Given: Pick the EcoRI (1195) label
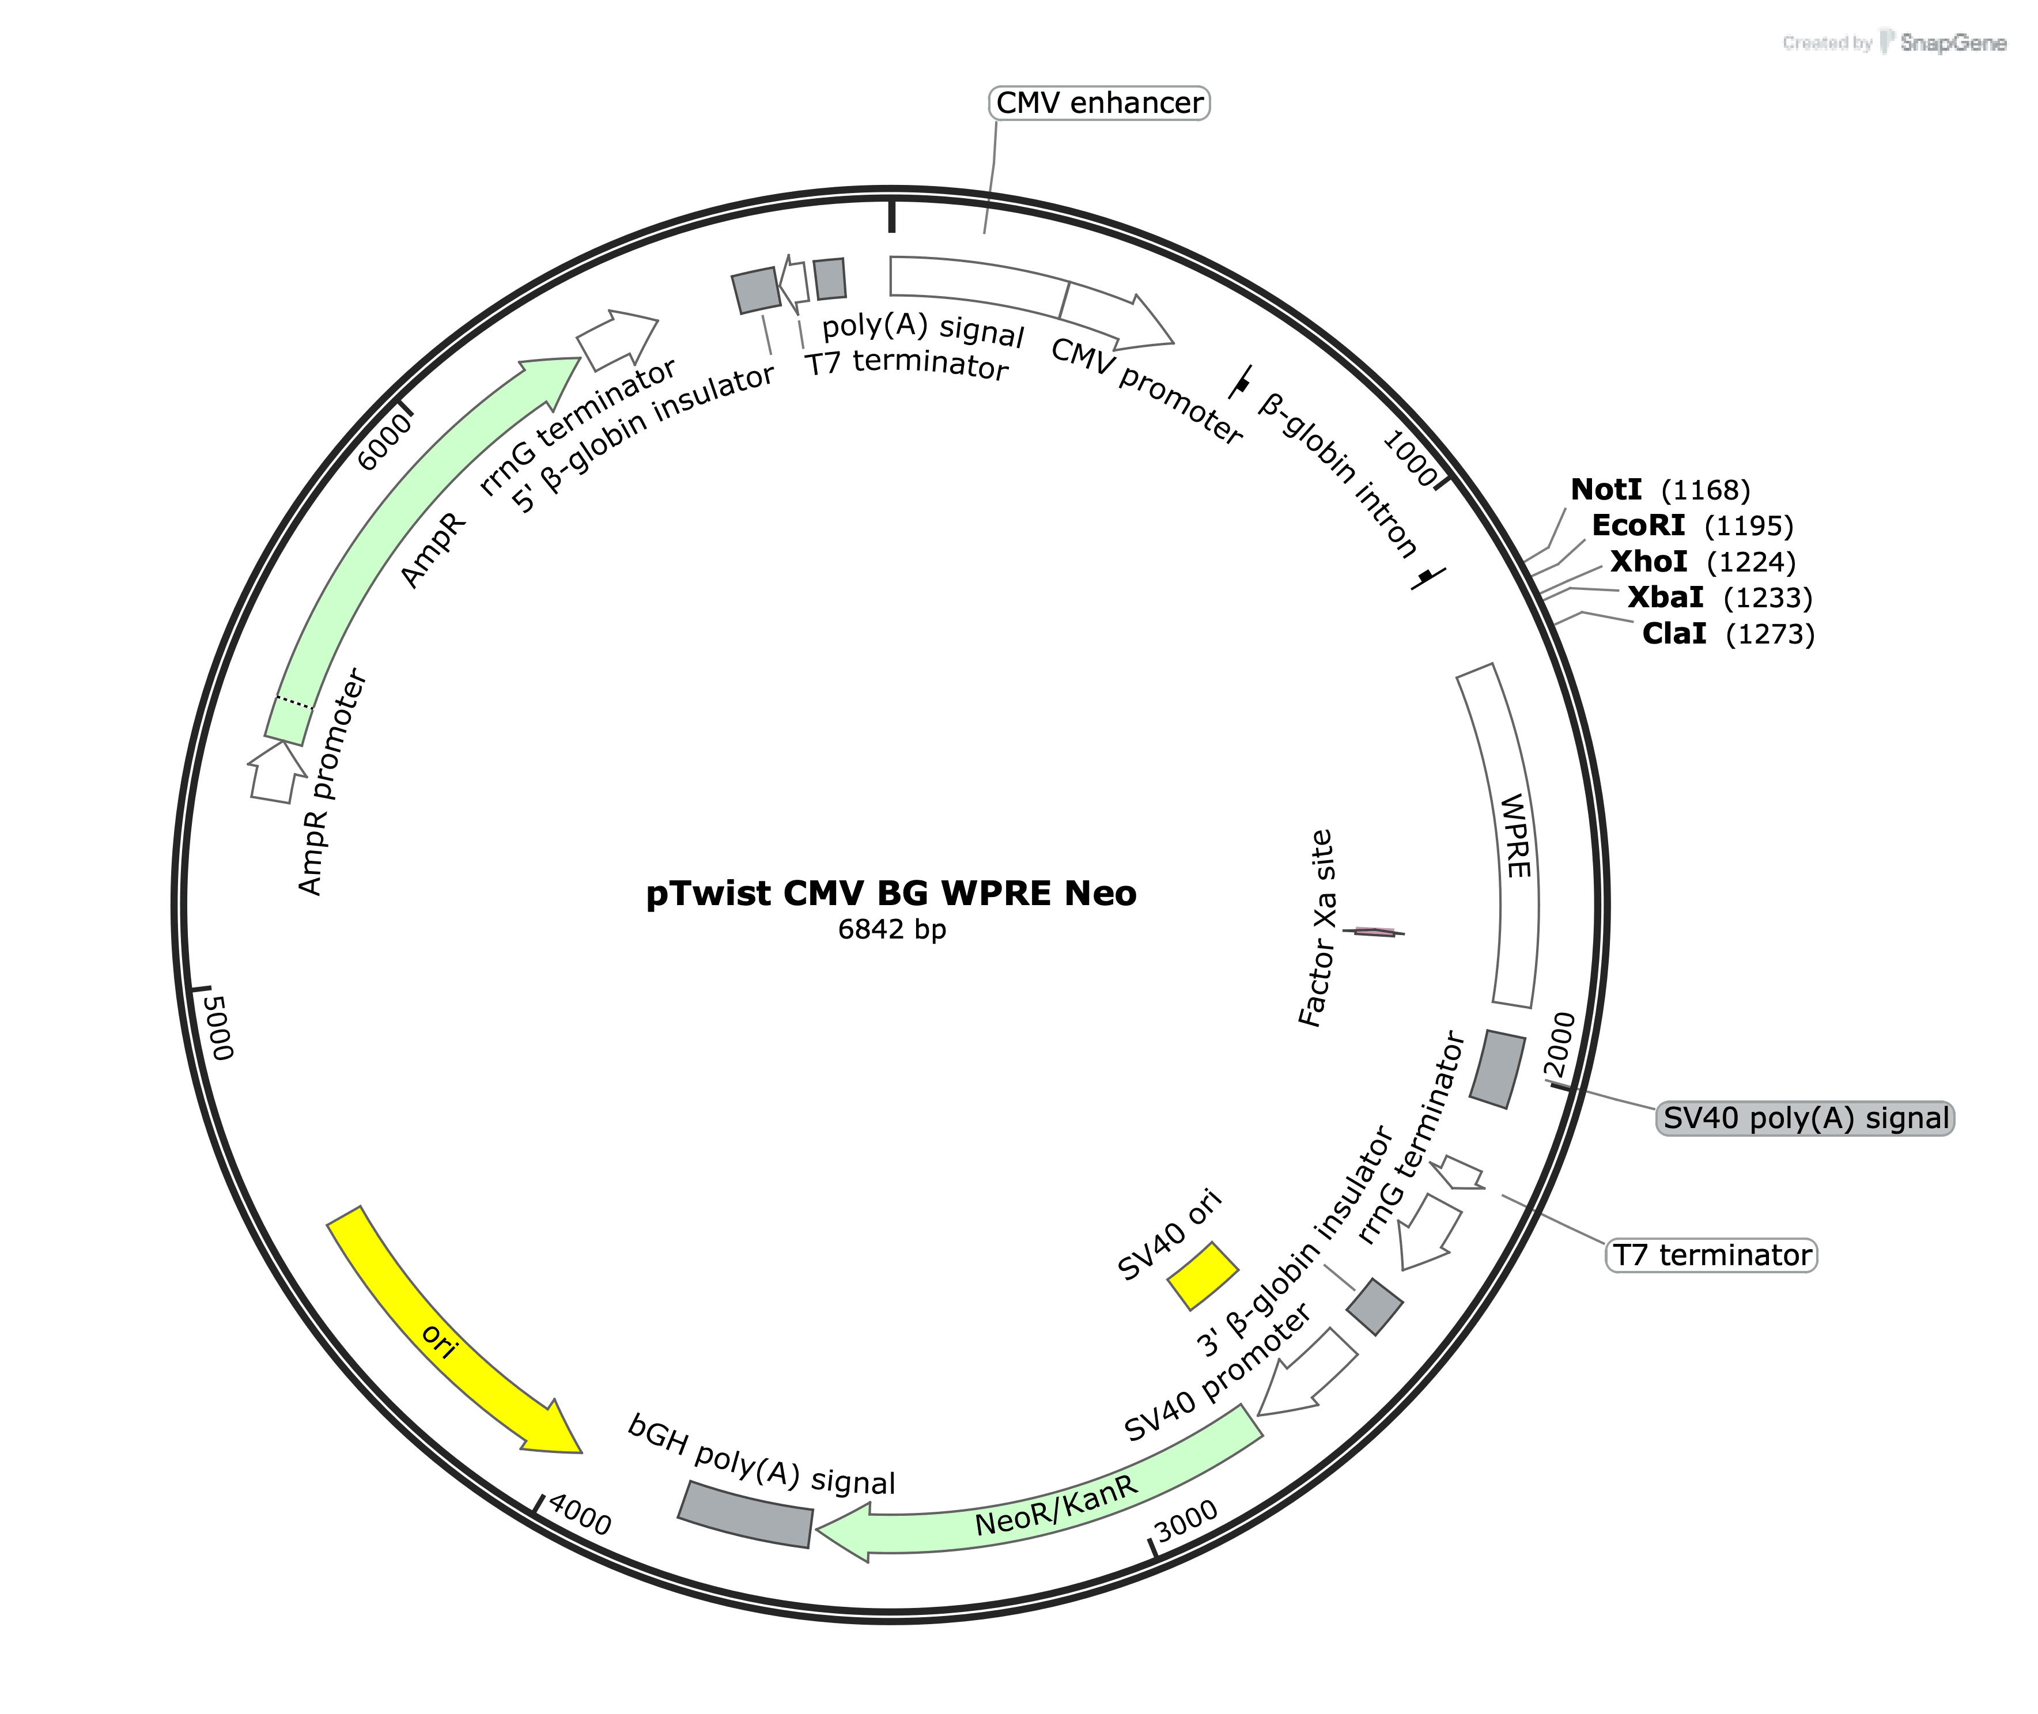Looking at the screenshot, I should coord(1691,525).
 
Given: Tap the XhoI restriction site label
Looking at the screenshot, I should coord(1702,562).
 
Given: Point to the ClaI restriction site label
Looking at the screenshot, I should coord(1727,634).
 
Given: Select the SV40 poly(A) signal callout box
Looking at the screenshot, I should coord(1804,1118).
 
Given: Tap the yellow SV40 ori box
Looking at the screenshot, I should coord(1202,1276).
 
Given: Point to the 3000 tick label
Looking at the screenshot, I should coord(1186,1519).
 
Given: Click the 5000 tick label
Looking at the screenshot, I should coord(220,1027).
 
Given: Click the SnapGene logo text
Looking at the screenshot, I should coord(1952,43).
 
